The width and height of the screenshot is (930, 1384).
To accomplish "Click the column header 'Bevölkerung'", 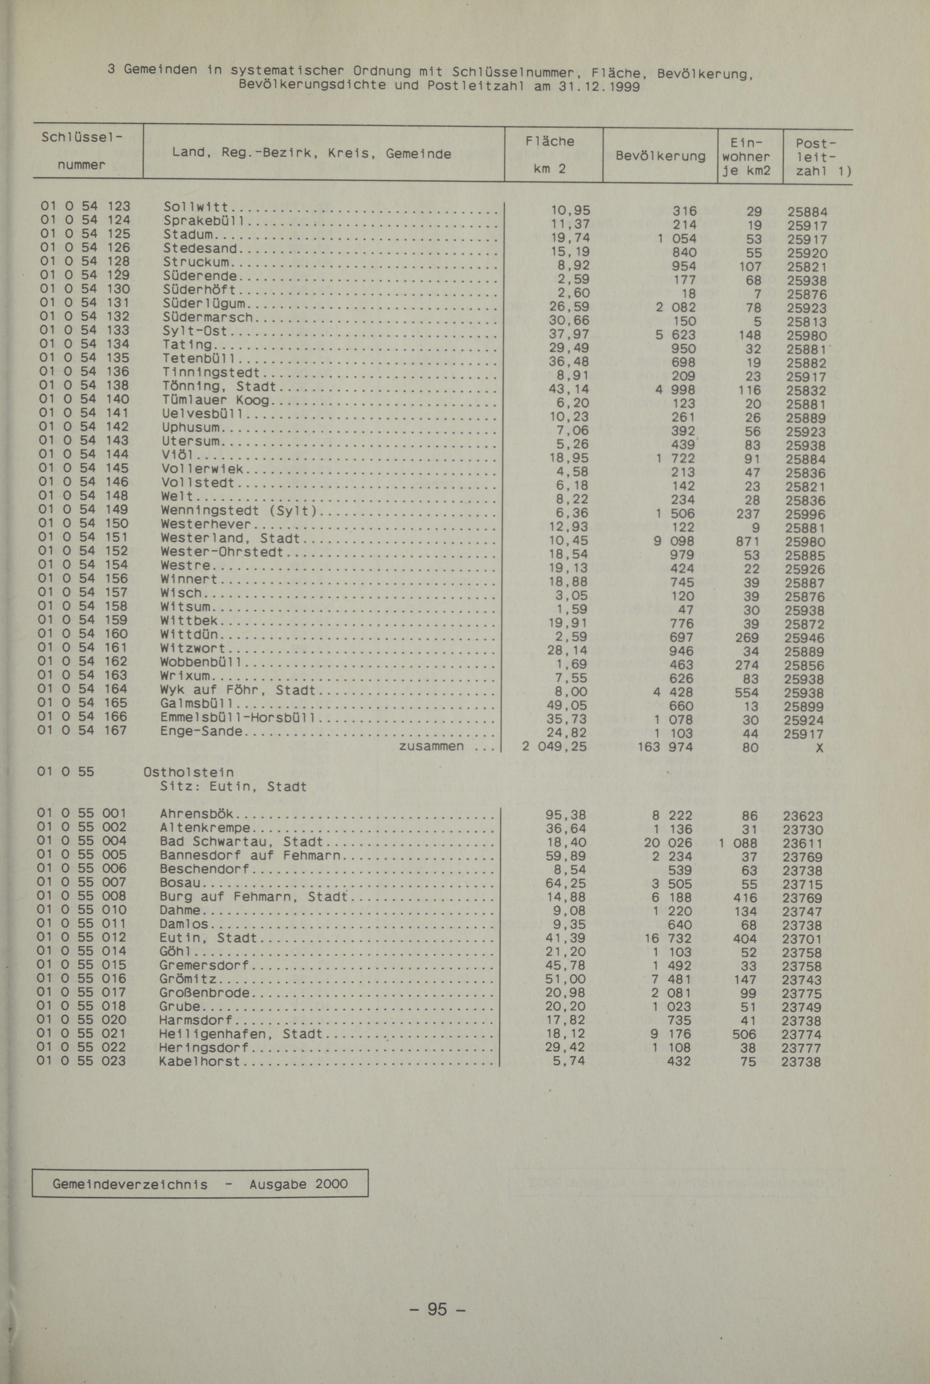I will (660, 156).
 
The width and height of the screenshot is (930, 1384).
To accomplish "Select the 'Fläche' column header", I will (550, 141).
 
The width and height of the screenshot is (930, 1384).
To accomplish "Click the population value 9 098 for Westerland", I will (674, 541).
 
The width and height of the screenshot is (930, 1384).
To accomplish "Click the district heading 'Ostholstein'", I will (189, 772).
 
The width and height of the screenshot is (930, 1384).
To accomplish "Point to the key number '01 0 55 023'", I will (81, 1060).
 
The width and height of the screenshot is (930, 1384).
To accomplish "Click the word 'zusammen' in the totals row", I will (431, 746).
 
